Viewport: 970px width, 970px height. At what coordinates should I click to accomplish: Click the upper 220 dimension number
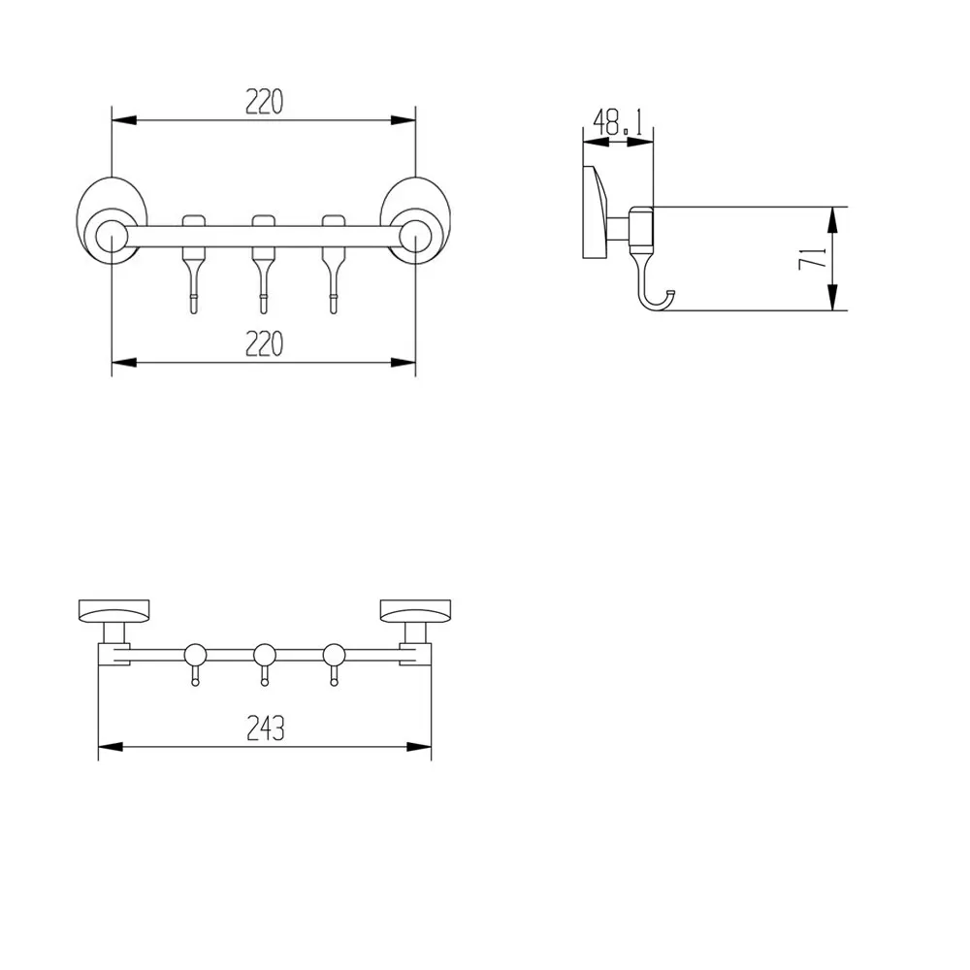pos(264,102)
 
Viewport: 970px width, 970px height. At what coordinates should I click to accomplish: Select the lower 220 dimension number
pos(264,343)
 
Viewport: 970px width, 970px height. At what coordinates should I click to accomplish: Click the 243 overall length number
pos(265,727)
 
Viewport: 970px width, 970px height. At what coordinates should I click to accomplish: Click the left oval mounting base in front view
pos(113,221)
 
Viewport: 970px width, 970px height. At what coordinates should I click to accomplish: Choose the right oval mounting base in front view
pos(415,221)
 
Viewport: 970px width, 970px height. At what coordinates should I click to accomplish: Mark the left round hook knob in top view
pos(195,654)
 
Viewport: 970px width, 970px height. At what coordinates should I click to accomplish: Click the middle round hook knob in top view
pos(264,654)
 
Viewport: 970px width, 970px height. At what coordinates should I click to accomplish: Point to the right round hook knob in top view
pos(334,654)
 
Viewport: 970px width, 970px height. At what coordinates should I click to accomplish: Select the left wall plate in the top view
pos(114,612)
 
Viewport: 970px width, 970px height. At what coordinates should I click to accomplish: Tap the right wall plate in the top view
pos(416,612)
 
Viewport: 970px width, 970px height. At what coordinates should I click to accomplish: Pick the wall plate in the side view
pos(595,213)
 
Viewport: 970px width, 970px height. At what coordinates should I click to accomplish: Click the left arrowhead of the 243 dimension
pos(107,746)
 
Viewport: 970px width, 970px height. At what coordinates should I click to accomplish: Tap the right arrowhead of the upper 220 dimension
pos(406,120)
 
